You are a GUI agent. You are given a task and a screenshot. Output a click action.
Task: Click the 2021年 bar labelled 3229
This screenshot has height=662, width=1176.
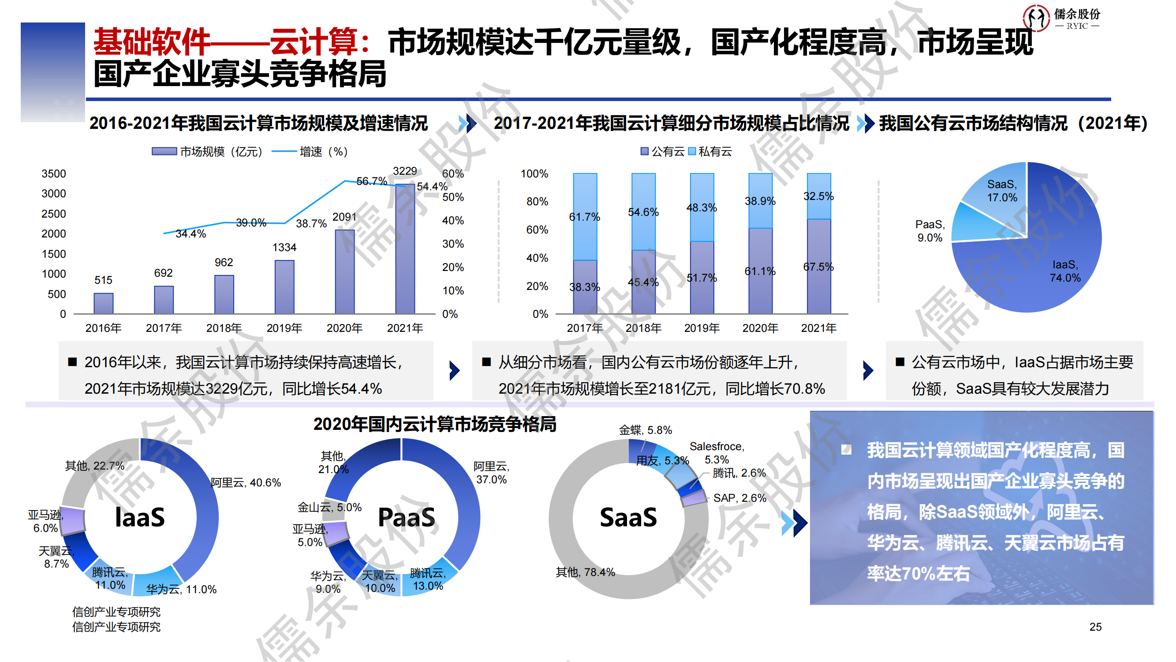(405, 249)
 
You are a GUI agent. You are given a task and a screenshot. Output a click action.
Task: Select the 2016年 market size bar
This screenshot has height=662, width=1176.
(104, 303)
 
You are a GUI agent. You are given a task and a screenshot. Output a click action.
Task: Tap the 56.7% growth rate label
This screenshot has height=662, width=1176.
(371, 181)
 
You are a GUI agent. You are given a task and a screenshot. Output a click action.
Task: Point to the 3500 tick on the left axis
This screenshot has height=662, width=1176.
(54, 173)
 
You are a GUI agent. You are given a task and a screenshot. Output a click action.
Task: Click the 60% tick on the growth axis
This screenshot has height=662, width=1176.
(452, 173)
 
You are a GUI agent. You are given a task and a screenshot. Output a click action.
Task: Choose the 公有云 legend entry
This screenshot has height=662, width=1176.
(663, 152)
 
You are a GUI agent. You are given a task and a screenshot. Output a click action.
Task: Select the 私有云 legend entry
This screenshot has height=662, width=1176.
(710, 152)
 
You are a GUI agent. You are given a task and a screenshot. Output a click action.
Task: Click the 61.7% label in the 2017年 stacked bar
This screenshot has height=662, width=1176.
(584, 217)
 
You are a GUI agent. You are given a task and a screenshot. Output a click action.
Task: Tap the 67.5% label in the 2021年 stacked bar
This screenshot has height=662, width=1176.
(818, 267)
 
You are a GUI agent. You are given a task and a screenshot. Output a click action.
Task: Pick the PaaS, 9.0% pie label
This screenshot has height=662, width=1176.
(930, 231)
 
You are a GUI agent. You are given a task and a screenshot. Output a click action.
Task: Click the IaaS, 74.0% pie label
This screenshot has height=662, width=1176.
(1065, 271)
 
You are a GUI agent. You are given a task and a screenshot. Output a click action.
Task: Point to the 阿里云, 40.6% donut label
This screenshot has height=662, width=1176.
(246, 483)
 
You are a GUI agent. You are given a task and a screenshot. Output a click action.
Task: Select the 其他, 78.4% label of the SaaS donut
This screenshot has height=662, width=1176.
(585, 572)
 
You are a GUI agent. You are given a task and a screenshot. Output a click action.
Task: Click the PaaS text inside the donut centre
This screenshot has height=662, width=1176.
(406, 518)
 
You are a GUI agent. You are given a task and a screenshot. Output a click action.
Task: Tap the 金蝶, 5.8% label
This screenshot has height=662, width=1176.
(645, 430)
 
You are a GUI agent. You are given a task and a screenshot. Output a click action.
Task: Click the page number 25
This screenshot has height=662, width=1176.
(1095, 627)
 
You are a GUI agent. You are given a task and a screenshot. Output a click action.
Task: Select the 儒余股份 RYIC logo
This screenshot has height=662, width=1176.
(1061, 18)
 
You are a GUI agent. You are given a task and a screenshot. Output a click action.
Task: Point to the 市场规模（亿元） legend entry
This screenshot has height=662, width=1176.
(208, 152)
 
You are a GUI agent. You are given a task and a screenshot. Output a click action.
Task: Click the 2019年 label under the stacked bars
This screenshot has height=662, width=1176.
(702, 328)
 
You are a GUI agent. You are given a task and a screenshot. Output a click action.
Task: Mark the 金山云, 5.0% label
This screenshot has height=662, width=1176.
(329, 507)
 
